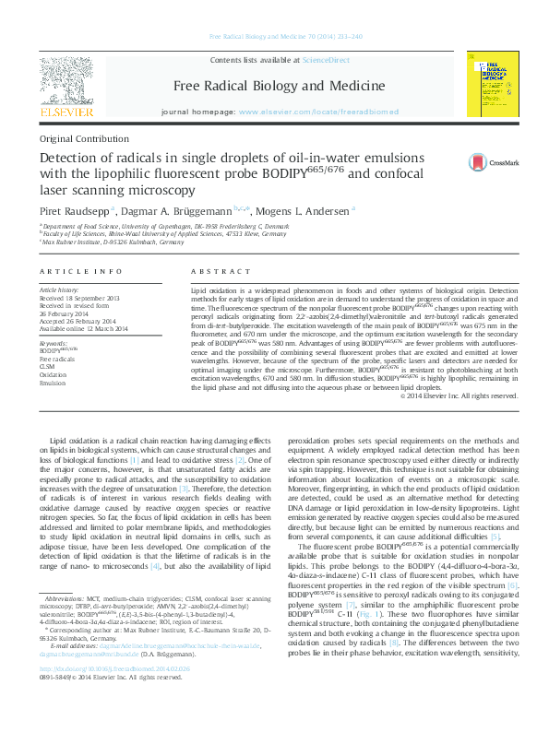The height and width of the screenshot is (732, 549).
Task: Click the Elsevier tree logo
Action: pyautogui.click(x=66, y=83)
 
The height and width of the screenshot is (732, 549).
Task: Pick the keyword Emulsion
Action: pyautogui.click(x=54, y=384)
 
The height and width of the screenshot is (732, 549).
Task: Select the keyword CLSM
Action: pyautogui.click(x=48, y=367)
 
